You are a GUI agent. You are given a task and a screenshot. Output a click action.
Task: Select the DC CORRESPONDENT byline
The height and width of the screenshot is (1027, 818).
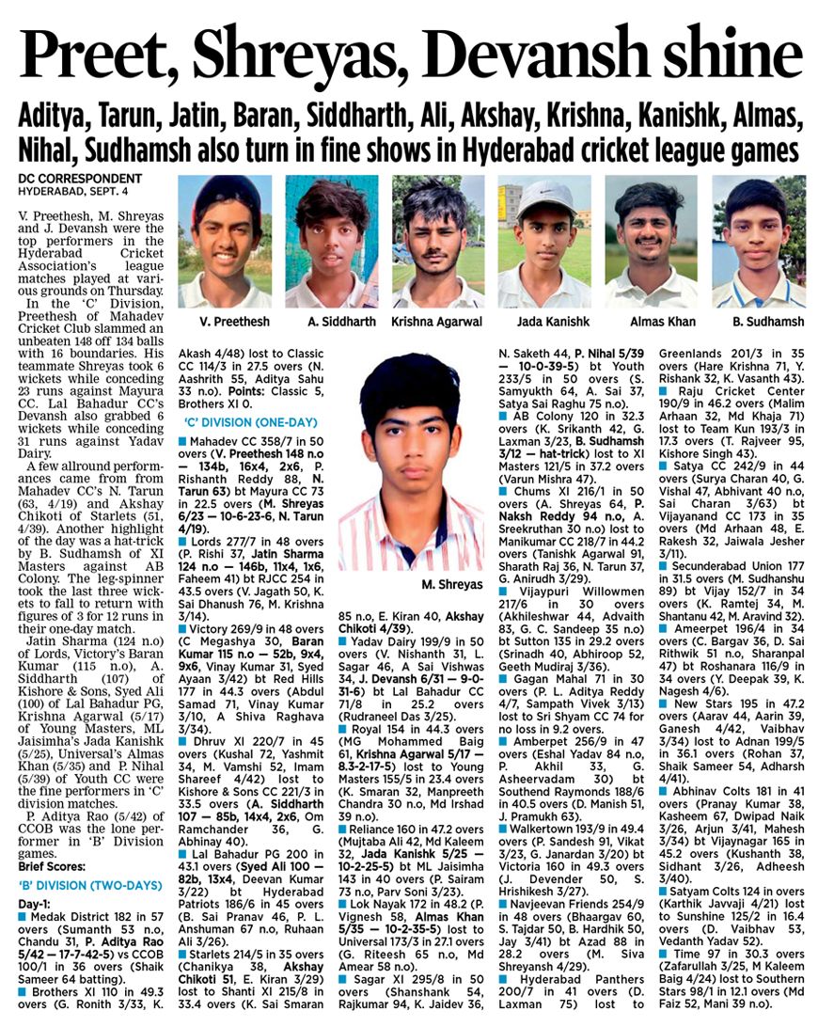[80, 179]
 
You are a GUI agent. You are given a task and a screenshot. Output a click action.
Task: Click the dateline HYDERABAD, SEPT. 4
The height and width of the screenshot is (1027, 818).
[71, 191]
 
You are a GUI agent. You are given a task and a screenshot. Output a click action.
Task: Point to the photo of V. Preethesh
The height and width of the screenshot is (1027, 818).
[225, 241]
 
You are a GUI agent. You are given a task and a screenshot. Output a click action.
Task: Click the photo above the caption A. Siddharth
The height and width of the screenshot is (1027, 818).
[332, 241]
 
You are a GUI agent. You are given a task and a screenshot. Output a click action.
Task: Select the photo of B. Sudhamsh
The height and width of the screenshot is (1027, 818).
[758, 241]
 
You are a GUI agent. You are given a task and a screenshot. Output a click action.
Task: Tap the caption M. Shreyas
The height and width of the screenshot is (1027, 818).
[452, 585]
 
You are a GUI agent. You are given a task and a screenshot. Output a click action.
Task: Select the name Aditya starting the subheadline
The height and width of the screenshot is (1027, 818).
[58, 117]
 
